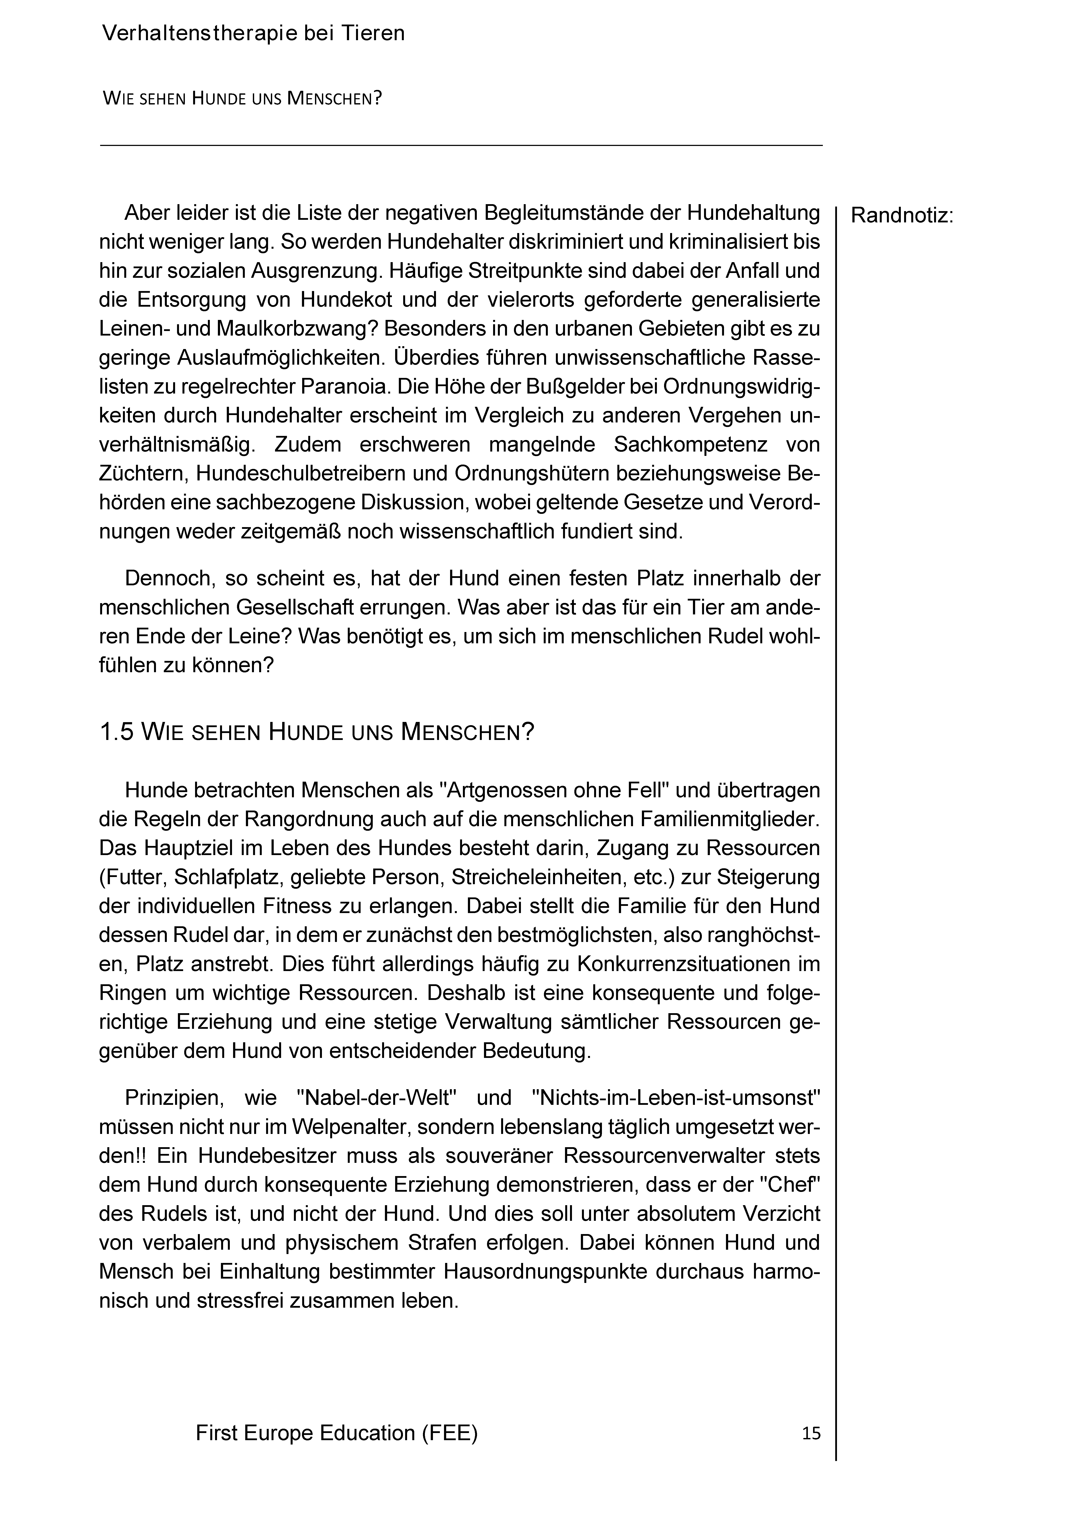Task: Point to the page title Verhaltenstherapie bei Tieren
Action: pos(253,33)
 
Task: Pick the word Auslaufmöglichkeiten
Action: pos(282,358)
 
